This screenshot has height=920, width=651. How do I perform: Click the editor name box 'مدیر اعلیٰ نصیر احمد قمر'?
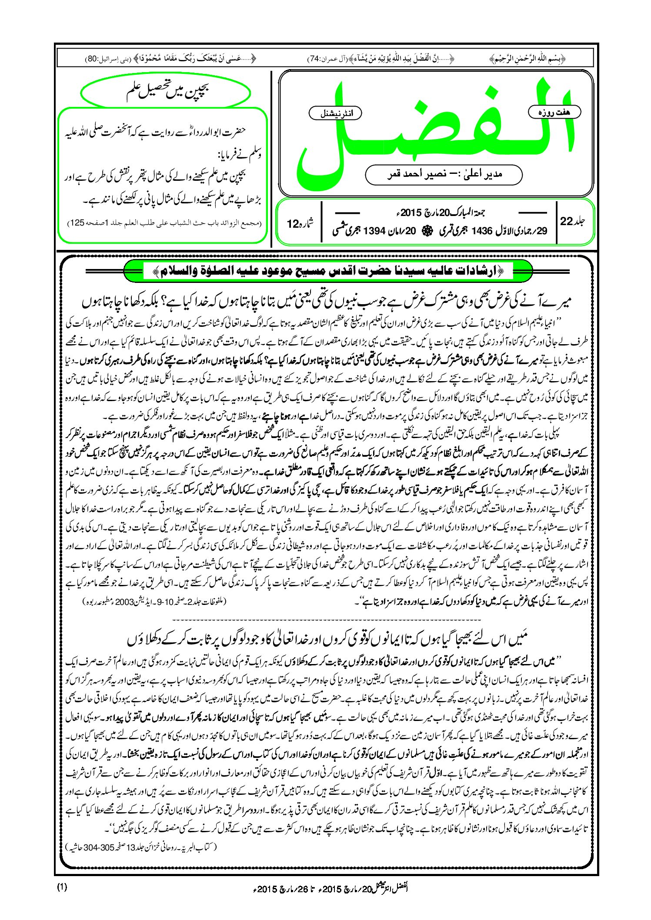tap(444, 174)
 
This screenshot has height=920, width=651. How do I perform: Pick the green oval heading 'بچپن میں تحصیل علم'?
tap(166, 93)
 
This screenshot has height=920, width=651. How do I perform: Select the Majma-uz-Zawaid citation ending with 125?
tap(165, 223)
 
